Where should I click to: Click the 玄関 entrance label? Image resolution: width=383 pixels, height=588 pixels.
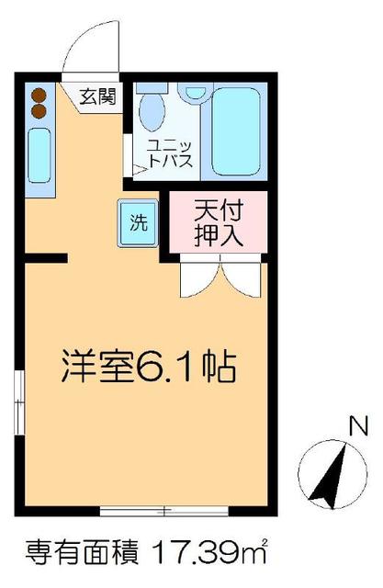click(96, 96)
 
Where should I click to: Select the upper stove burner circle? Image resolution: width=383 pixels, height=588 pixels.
click(39, 94)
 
